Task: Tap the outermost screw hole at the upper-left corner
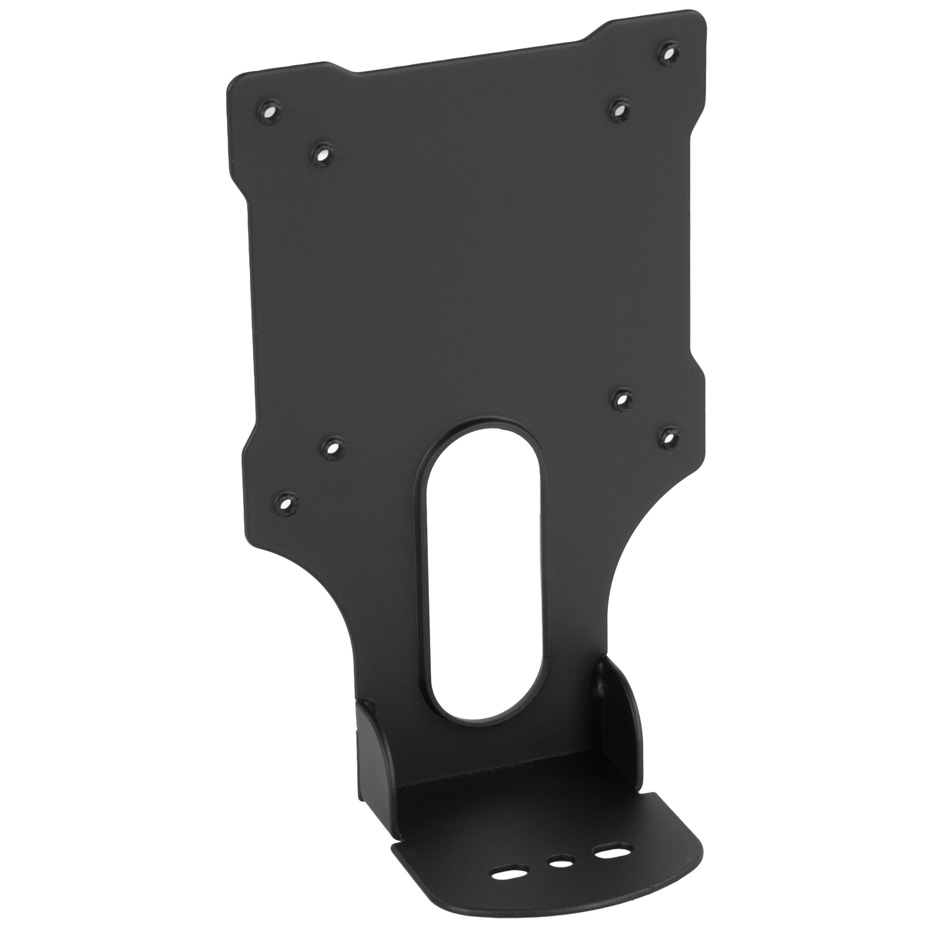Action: click(x=269, y=113)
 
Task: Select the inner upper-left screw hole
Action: click(x=321, y=154)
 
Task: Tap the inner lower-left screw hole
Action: click(x=332, y=449)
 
